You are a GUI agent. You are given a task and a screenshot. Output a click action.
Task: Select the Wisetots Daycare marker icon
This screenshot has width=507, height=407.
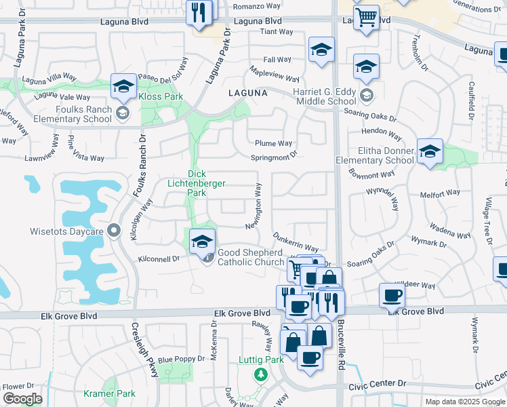tap(114, 231)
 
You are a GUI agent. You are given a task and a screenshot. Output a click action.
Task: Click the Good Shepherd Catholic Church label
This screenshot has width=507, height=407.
tap(251, 257)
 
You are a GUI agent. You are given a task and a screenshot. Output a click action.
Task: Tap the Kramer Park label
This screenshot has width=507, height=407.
tap(109, 393)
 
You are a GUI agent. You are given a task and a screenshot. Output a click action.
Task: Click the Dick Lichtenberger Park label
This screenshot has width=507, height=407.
tap(197, 183)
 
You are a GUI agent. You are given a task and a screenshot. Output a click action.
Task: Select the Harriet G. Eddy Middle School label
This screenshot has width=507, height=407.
tap(324, 96)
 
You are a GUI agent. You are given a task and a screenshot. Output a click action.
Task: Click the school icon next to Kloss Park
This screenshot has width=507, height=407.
tap(124, 86)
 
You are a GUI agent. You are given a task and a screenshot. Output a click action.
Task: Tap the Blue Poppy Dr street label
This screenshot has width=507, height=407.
tap(181, 359)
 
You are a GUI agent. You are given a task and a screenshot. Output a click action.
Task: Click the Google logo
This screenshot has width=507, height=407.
tap(22, 398)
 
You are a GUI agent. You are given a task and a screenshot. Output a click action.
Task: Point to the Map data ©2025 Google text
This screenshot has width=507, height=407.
tap(465, 402)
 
